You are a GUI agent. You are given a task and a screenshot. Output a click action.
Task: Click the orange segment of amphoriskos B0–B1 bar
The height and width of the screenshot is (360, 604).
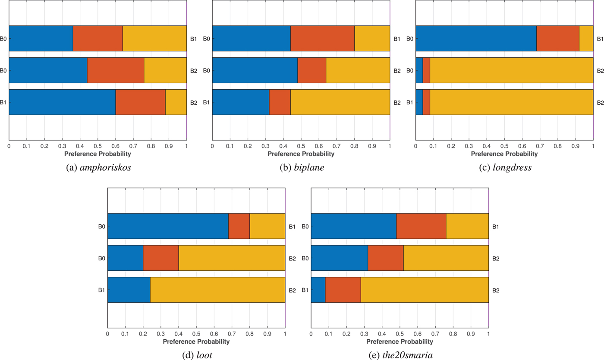(98, 38)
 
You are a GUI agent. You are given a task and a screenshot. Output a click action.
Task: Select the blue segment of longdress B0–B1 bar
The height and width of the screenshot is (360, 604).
(475, 38)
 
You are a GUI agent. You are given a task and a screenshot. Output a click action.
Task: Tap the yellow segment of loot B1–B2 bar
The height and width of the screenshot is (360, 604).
(217, 290)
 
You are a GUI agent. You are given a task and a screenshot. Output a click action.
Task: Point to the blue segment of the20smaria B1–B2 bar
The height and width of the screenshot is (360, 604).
(318, 290)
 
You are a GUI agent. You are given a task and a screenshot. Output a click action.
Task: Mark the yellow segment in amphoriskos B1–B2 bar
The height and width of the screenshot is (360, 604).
(176, 102)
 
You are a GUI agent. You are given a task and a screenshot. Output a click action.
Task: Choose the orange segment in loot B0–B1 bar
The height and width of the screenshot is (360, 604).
(239, 226)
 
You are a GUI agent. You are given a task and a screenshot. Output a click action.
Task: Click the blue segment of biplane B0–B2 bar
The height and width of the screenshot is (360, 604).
(255, 70)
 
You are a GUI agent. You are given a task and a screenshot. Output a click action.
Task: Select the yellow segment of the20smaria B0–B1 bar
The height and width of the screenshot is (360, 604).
(467, 226)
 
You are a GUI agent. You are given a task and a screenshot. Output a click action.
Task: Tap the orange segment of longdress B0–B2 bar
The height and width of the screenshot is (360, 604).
(426, 70)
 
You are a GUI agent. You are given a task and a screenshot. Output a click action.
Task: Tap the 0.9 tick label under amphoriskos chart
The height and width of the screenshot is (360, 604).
(169, 146)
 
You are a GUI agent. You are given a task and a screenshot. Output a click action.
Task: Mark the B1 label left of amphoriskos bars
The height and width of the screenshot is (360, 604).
(3, 102)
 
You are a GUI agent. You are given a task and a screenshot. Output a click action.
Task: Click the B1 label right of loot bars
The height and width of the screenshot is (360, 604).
(293, 226)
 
